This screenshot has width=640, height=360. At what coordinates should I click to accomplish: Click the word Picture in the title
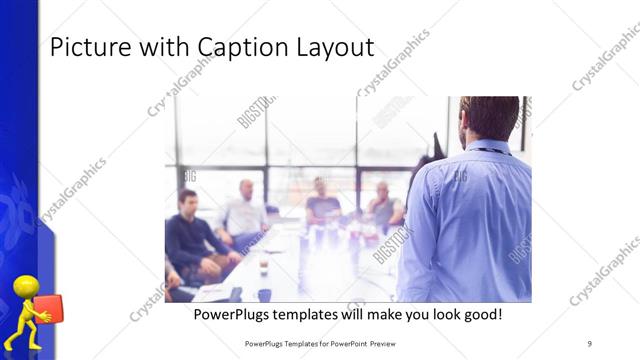(x=84, y=47)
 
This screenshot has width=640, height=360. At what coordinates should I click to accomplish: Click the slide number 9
(x=589, y=342)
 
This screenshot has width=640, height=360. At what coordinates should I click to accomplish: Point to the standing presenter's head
(x=489, y=116)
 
